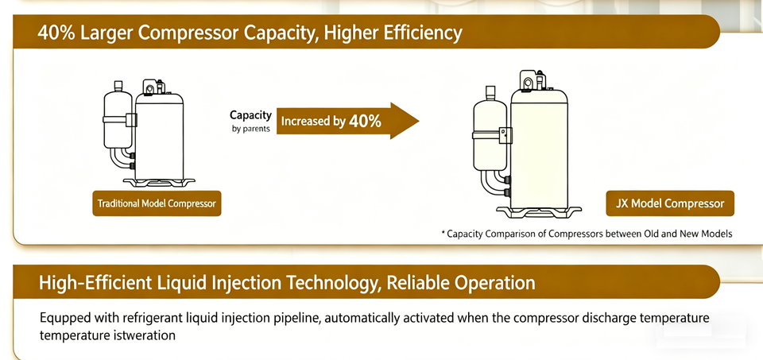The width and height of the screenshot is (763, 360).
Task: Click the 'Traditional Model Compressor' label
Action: tap(157, 203)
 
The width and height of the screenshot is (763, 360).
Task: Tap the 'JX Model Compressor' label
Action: tap(670, 203)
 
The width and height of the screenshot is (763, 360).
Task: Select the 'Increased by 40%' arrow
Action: tap(347, 121)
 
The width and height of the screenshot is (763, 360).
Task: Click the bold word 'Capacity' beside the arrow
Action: tap(250, 115)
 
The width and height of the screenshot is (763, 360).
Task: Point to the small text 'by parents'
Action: tap(251, 130)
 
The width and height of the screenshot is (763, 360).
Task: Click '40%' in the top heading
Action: tap(55, 33)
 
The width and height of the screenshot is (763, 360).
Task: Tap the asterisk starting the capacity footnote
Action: tap(443, 233)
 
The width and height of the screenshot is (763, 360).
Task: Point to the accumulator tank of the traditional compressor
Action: tap(118, 118)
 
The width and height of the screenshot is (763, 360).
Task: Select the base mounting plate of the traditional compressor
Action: tap(158, 183)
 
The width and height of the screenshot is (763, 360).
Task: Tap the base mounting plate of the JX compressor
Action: tap(539, 212)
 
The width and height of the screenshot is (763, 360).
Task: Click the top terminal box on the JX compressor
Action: tap(533, 79)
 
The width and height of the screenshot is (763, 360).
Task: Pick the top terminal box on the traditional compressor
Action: tap(153, 87)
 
